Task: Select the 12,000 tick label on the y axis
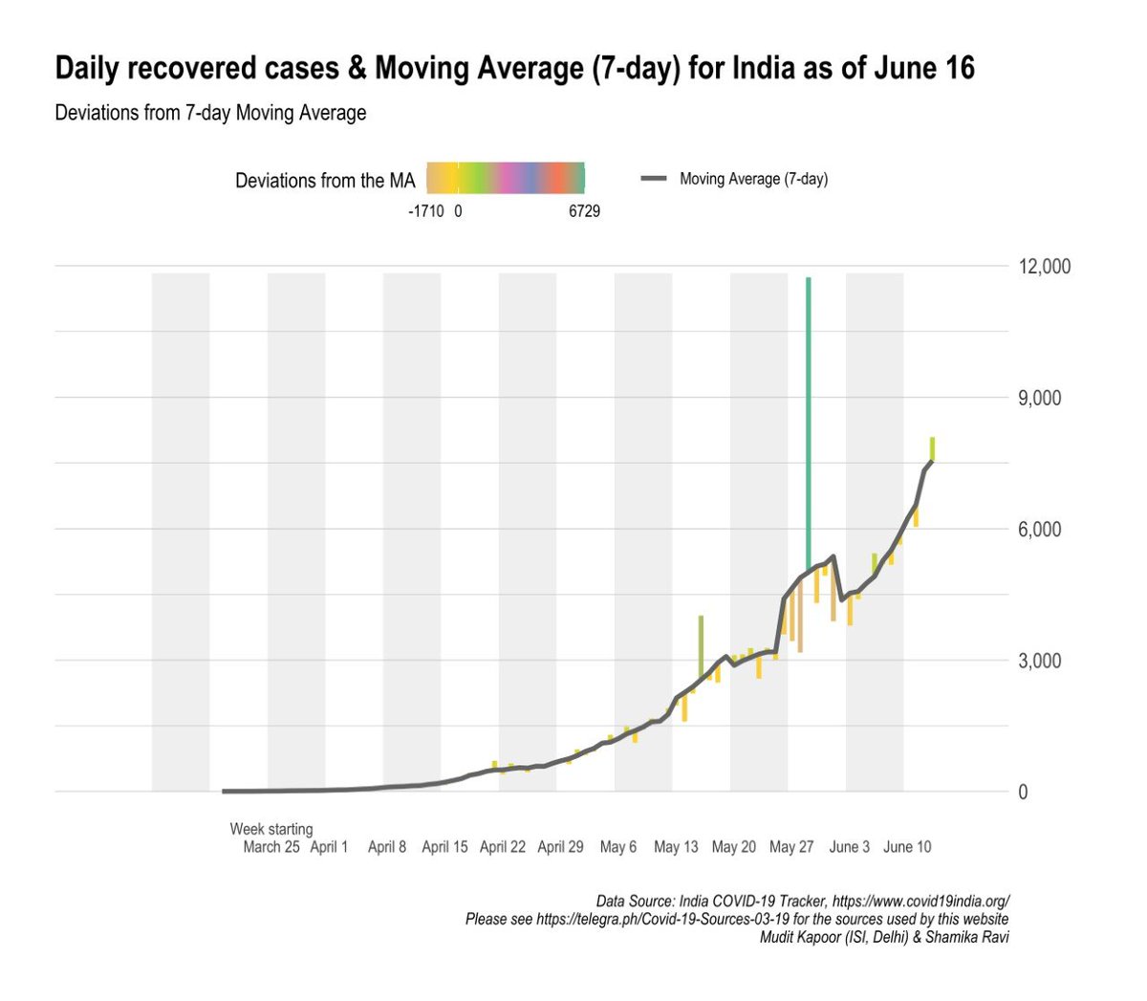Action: click(x=1044, y=267)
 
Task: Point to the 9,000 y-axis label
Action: click(x=1040, y=398)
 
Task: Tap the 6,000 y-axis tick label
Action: click(x=1040, y=530)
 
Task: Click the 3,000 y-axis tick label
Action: click(x=1040, y=662)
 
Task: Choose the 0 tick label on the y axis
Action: click(x=1024, y=793)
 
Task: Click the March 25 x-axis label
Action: click(x=271, y=847)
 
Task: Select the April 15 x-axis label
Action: click(x=444, y=847)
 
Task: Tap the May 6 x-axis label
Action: click(x=618, y=847)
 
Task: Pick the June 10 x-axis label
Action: click(x=907, y=847)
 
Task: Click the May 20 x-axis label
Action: click(x=734, y=847)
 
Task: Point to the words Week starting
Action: click(x=271, y=829)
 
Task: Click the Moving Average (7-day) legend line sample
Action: click(x=654, y=179)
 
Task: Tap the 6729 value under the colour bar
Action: click(x=584, y=211)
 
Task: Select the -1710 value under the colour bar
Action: click(x=425, y=211)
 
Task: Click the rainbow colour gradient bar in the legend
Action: click(x=506, y=179)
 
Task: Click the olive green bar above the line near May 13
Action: click(x=701, y=645)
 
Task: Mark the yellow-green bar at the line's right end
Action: click(x=932, y=448)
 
